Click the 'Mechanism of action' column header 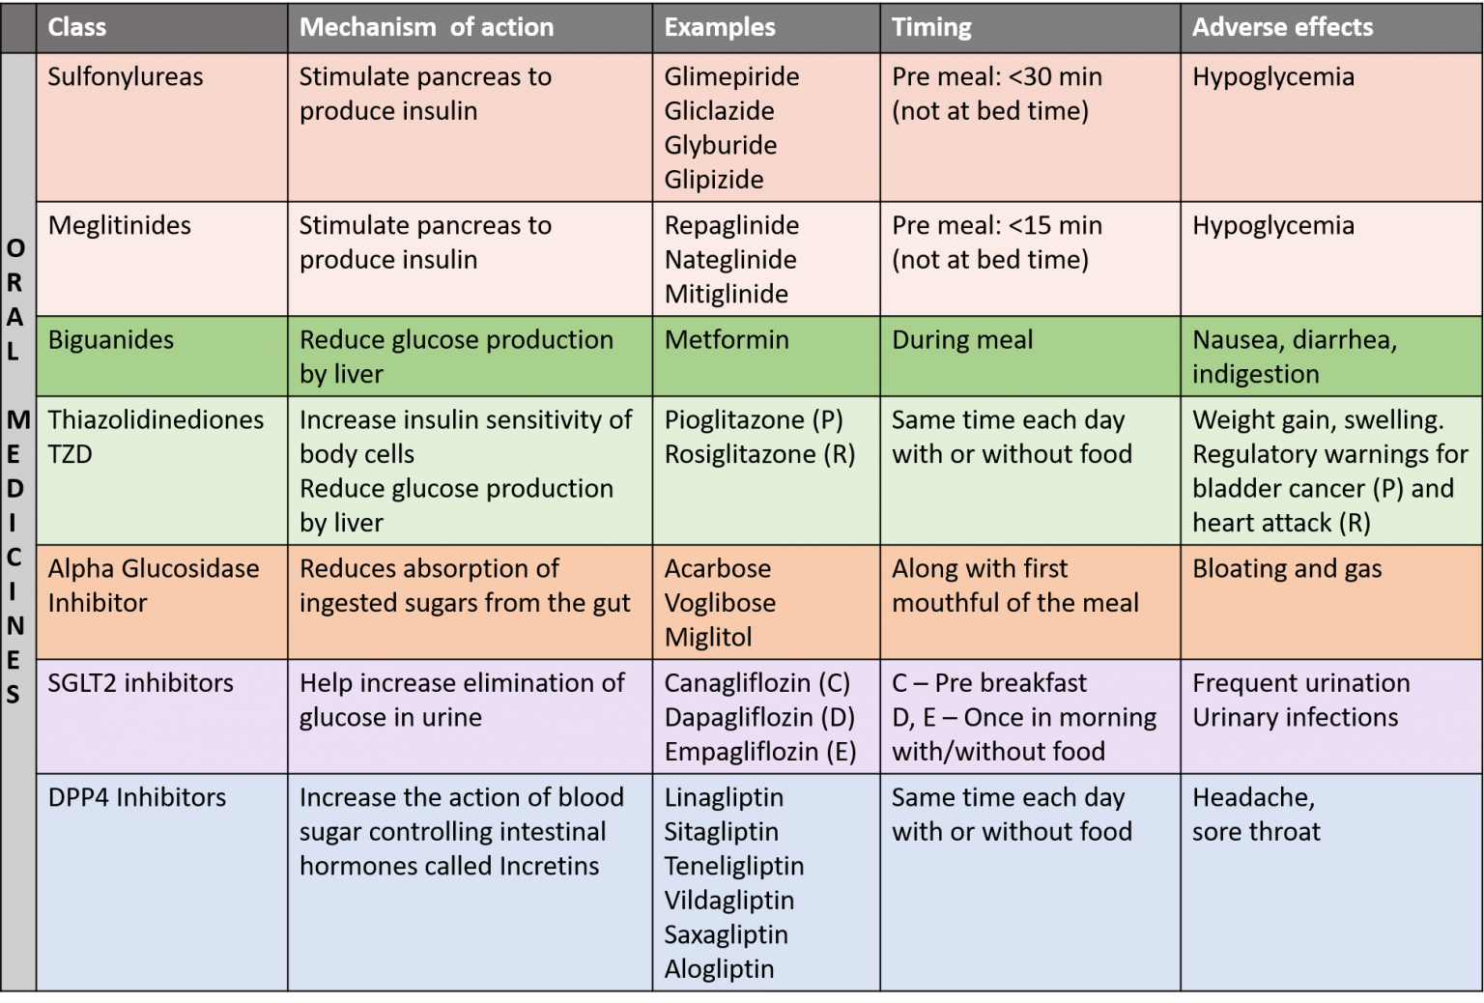426,27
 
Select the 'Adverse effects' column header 1282,27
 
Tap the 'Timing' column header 931,27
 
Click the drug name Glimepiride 731,76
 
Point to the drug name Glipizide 714,179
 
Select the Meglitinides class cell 120,225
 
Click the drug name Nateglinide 730,259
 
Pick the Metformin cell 727,339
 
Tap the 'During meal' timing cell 962,339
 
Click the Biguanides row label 111,339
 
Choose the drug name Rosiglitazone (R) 759,453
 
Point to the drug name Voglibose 720,602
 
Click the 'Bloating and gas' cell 1287,568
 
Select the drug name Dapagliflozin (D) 759,717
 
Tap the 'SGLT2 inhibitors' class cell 141,682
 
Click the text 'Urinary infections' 1295,717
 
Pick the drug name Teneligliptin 734,866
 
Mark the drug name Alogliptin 719,968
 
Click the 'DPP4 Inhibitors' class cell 137,797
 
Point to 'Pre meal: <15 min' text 997,225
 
